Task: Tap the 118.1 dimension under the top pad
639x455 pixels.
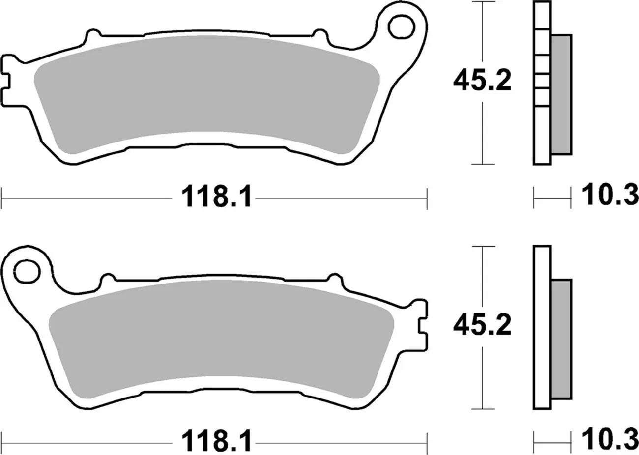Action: coord(217,198)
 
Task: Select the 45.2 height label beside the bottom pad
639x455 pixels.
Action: coord(482,325)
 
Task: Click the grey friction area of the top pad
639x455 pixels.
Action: coord(206,93)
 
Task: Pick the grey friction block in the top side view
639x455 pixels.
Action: coord(561,93)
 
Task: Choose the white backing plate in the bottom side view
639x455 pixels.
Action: coord(542,327)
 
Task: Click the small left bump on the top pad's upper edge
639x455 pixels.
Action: coord(91,37)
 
